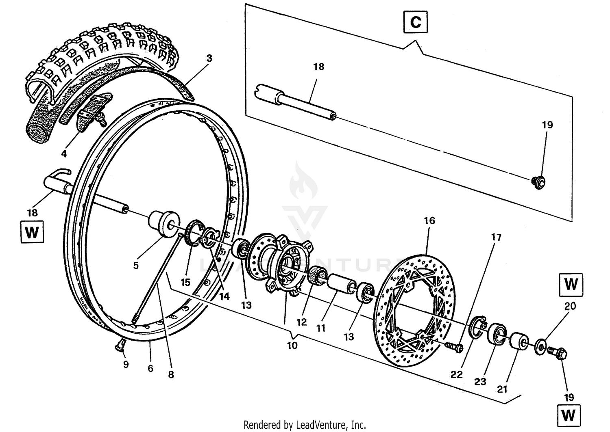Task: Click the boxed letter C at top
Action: tap(416, 22)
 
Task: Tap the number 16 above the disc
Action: tap(429, 220)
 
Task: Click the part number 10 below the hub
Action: tap(292, 346)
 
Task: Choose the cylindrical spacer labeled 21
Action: tap(519, 340)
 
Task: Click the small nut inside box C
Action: tap(538, 182)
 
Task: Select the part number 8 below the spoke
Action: tap(171, 374)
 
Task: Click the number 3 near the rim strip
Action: tap(209, 58)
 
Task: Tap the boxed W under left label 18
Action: tap(31, 233)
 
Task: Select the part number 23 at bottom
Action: tap(480, 382)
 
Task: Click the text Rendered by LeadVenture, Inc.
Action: tap(305, 425)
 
